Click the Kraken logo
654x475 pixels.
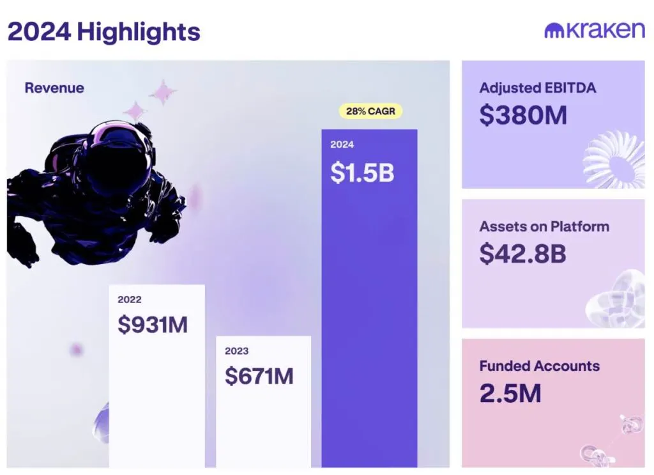click(595, 30)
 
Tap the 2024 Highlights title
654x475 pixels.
click(104, 32)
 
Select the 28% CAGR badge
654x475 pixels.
click(370, 111)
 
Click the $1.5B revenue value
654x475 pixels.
click(362, 173)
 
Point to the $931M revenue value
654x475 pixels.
click(153, 324)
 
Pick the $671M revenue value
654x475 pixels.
click(259, 376)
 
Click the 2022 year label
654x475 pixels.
click(129, 300)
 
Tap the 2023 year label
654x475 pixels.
click(236, 351)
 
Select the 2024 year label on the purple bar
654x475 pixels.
click(342, 144)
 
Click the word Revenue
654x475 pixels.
click(54, 88)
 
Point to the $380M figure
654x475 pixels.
click(523, 115)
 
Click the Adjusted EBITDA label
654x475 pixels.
click(538, 88)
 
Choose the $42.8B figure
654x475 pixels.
click(522, 253)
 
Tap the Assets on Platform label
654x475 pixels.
click(544, 226)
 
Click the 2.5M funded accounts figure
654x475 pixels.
click(510, 393)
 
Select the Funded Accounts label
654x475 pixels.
click(539, 366)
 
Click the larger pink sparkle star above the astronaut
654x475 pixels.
click(163, 92)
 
